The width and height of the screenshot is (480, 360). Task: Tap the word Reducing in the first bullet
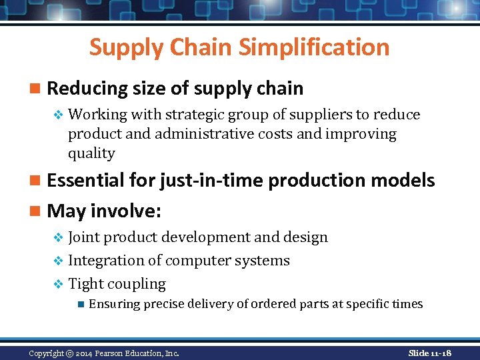pos(87,88)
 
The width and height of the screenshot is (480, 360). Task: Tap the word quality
pos(91,153)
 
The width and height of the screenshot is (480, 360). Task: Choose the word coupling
pos(137,284)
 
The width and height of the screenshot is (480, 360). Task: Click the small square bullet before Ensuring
pos(79,304)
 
